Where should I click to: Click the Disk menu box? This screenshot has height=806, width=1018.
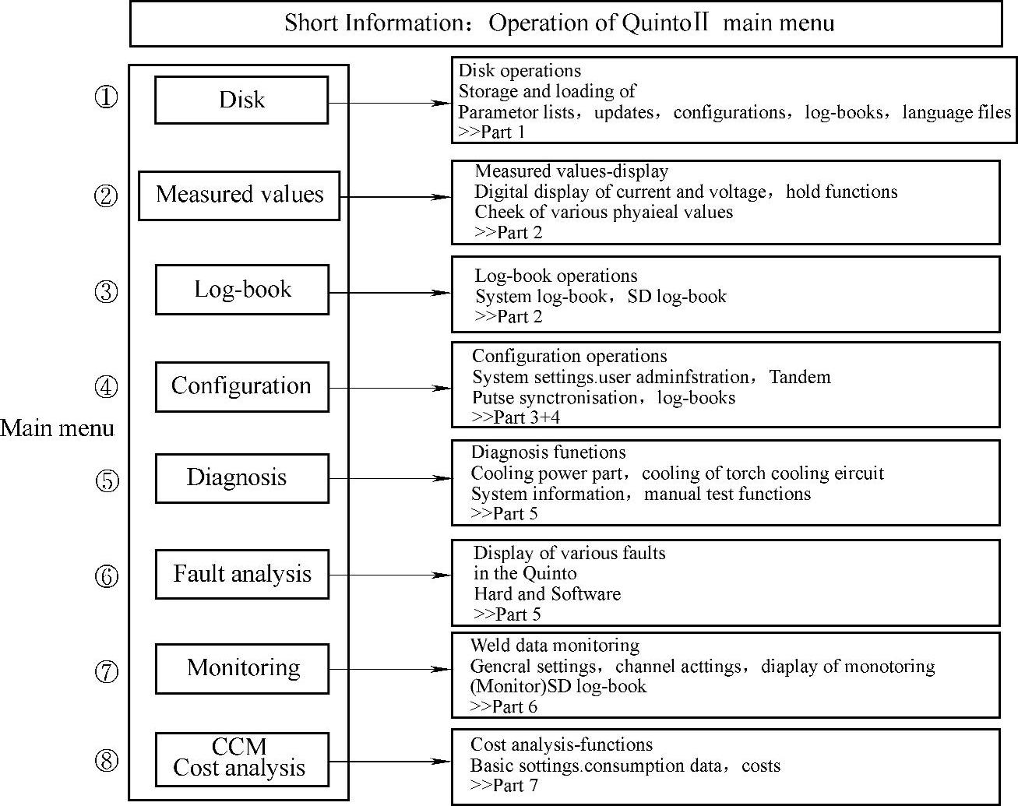coord(241,100)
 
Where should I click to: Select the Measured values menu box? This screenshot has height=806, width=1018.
coord(239,195)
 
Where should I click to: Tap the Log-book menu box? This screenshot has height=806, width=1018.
coord(242,290)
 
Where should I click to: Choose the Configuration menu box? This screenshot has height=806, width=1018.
coord(241,386)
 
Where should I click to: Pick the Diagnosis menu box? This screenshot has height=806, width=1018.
coord(241,478)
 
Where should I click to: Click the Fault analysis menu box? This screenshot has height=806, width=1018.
coord(242,575)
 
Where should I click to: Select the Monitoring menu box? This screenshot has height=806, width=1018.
coord(242,668)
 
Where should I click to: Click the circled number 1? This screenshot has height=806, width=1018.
coord(107,97)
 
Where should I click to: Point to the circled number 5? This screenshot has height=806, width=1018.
coord(107,480)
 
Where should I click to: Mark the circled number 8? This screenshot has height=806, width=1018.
coord(107,760)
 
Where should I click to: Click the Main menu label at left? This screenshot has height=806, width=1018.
coord(57,428)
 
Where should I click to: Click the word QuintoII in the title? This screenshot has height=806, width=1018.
coord(664,23)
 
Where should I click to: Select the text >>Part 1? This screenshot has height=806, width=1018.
coord(491,132)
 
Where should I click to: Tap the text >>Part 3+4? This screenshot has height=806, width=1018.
coord(516,417)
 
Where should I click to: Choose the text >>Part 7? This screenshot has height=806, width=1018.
coord(504,785)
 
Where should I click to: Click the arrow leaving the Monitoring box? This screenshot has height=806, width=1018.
coord(389,669)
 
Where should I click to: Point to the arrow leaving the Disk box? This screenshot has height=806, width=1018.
coord(389,103)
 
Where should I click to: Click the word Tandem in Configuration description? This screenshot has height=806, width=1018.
coord(800,378)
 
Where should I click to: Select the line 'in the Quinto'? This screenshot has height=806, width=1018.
coord(525,574)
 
